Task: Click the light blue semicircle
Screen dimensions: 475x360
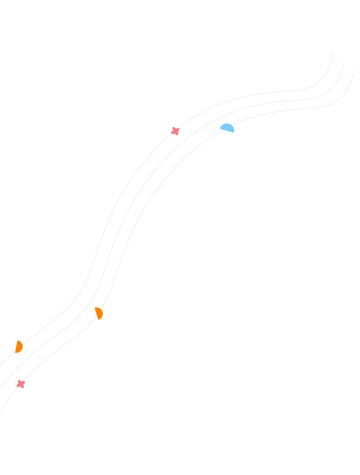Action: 227,128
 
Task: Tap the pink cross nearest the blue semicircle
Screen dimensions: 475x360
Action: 175,131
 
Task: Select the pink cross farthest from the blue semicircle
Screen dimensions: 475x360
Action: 21,384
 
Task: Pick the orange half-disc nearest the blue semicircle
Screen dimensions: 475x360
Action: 99,313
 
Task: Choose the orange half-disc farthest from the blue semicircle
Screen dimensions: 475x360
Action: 19,347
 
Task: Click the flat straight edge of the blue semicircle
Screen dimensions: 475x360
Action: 227,131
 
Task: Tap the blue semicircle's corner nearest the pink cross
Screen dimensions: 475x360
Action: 220,128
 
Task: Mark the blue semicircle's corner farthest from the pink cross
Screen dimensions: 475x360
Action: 234,133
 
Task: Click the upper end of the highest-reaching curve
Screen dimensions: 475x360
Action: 333,53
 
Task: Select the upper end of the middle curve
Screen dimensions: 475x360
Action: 344,62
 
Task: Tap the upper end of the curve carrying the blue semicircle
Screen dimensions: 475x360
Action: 354,70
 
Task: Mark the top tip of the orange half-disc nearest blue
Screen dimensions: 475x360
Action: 95,308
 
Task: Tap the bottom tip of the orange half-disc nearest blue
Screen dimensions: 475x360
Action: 98,320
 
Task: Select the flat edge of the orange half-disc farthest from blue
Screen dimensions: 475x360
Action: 16,347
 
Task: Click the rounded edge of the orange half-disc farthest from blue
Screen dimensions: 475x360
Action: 22,347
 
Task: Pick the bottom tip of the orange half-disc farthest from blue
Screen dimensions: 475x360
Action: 15,353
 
